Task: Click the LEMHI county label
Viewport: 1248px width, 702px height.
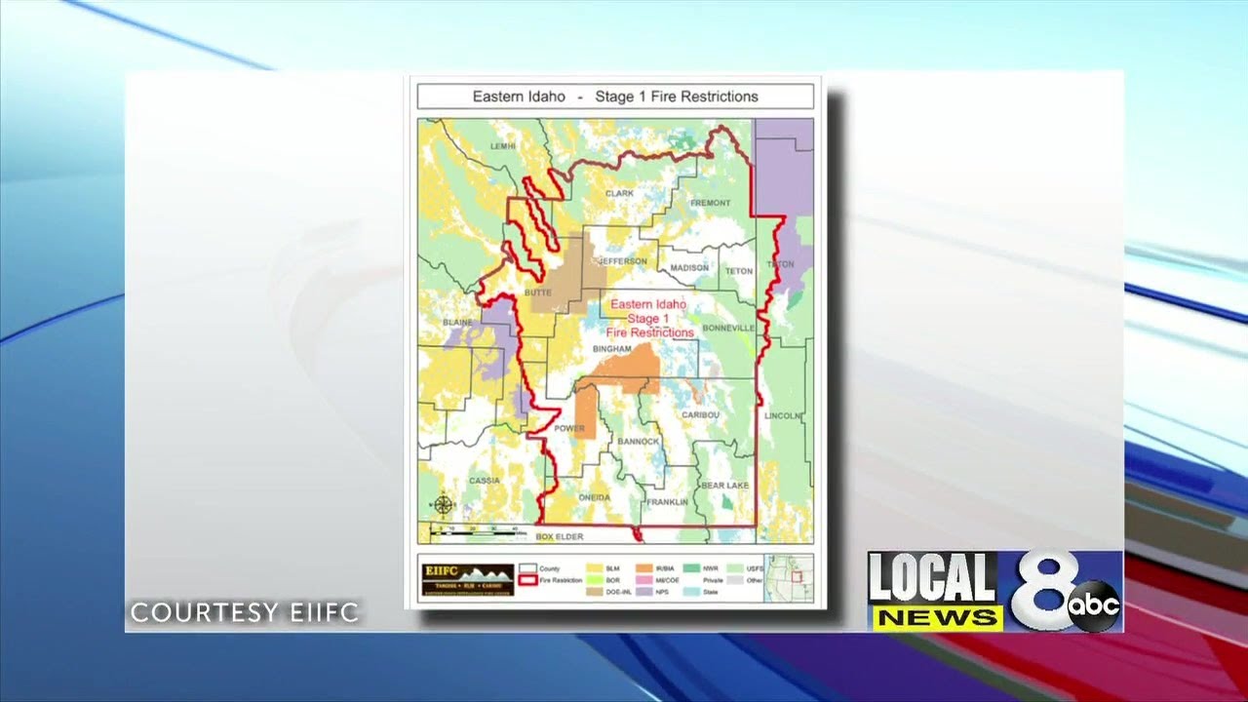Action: click(503, 145)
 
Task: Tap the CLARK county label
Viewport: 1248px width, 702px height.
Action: click(619, 193)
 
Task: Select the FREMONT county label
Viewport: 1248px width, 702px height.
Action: click(710, 203)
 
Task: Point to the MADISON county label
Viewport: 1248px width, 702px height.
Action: click(689, 268)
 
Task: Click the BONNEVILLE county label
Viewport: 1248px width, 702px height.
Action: click(728, 328)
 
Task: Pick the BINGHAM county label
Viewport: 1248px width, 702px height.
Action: click(612, 348)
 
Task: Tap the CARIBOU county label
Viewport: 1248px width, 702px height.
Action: click(700, 414)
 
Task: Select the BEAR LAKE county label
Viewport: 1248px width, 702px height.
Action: click(724, 485)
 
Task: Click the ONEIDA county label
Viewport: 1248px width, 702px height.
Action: click(594, 497)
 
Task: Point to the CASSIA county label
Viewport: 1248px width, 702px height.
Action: click(484, 481)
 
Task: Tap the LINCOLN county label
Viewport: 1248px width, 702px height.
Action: click(783, 415)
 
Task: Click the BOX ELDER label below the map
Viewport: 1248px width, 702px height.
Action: click(559, 536)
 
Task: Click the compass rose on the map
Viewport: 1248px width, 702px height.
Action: click(443, 504)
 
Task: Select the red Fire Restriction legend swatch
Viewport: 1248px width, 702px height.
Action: click(527, 580)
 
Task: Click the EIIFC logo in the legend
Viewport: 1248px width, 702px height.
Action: click(467, 579)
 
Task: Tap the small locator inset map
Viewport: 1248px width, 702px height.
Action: click(788, 577)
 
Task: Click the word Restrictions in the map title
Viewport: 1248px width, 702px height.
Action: click(720, 97)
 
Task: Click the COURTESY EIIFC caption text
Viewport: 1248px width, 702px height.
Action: click(245, 613)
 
